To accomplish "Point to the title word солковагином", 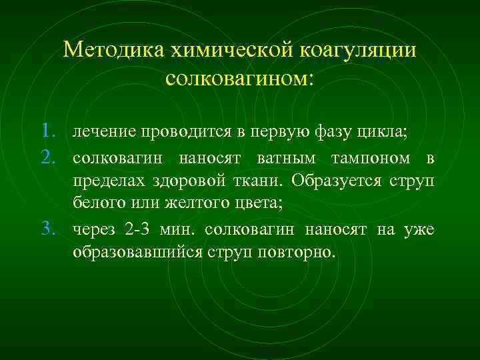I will click(237, 78).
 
